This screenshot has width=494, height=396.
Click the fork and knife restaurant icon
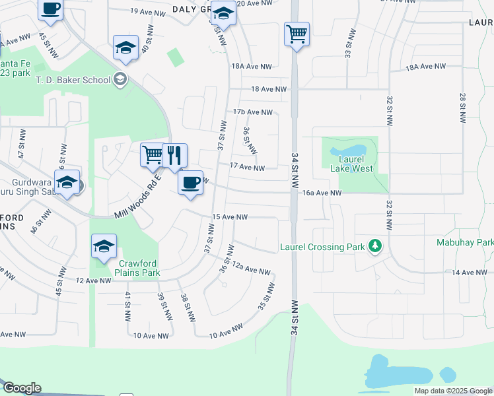tap(174, 156)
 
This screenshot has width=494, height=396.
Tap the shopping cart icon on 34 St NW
tap(297, 32)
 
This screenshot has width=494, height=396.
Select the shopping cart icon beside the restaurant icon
tap(153, 155)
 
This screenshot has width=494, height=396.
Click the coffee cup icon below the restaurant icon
tap(190, 182)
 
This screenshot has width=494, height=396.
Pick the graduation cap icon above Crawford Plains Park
tap(104, 247)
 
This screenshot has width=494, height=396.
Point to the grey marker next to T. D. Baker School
tap(120, 80)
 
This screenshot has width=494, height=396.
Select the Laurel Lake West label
tap(347, 164)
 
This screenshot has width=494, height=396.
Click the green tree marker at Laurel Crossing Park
tap(375, 246)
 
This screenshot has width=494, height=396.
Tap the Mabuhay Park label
tap(464, 242)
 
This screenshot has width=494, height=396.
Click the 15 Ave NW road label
tap(229, 217)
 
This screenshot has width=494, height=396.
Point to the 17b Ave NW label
tap(253, 113)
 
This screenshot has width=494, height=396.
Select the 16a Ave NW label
tap(322, 193)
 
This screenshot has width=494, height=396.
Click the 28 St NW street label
tap(463, 106)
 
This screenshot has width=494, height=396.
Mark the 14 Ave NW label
tap(469, 273)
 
